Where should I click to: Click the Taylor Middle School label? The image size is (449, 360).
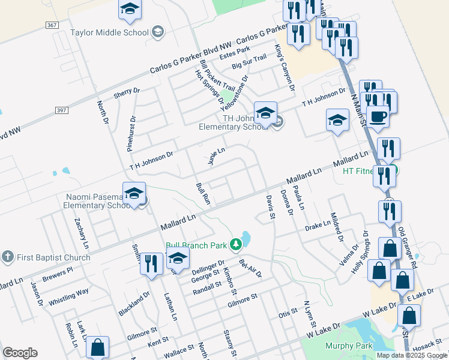[109, 32]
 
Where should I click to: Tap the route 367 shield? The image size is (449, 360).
[52, 25]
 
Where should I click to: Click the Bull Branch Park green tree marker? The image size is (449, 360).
[237, 244]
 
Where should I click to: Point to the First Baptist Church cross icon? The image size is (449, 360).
[7, 257]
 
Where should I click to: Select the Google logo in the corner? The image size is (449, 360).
[20, 353]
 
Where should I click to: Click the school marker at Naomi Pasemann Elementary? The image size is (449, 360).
[134, 194]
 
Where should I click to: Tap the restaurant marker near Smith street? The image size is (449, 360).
[151, 264]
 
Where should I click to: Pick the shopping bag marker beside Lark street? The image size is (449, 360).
[97, 347]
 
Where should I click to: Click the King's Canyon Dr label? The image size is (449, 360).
[285, 68]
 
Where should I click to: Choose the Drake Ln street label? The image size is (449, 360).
[318, 226]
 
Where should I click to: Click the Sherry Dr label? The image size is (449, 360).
[126, 94]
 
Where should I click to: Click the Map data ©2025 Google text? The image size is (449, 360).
[412, 355]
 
